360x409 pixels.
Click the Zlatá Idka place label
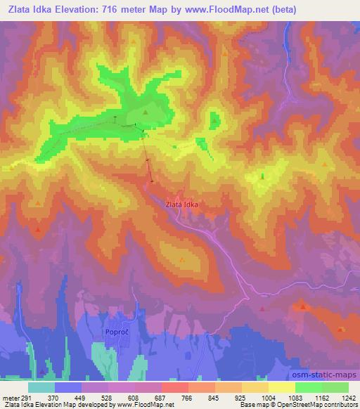[181, 204]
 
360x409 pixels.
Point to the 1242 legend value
[349, 398]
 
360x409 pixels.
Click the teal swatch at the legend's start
[41, 387]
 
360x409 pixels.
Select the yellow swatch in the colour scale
[282, 387]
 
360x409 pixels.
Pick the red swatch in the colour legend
[173, 387]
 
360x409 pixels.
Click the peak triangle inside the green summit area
[146, 112]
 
